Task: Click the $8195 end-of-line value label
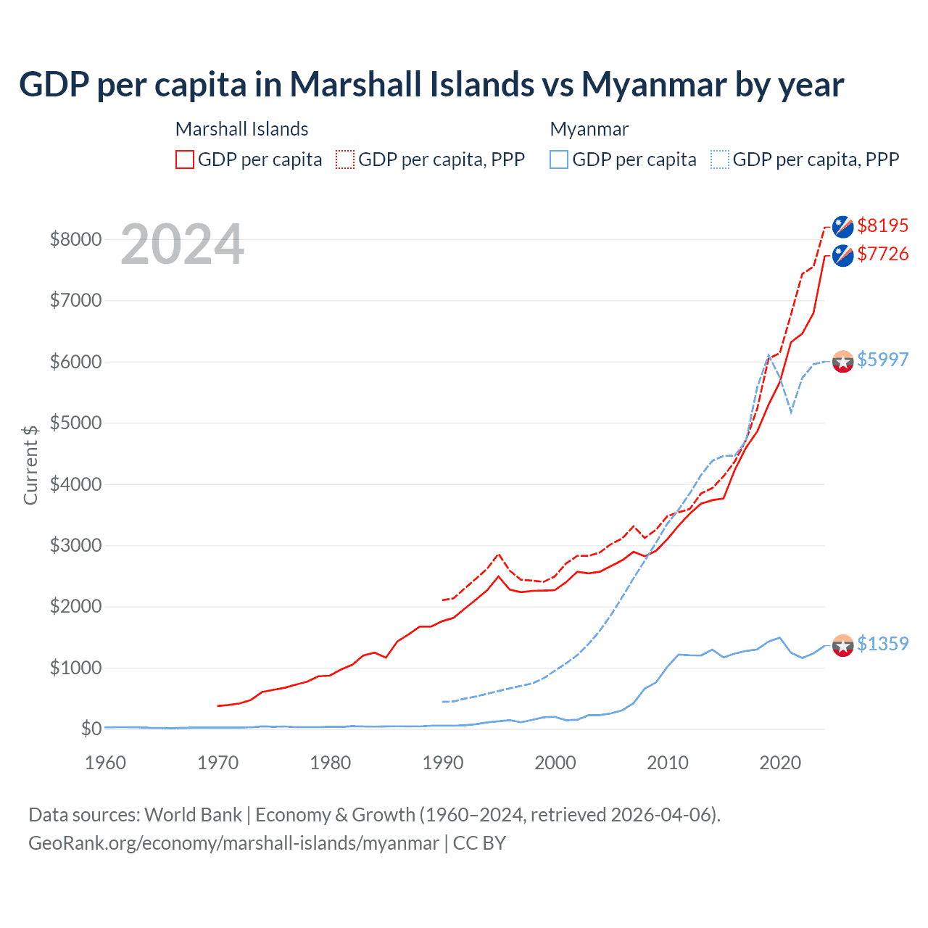(882, 225)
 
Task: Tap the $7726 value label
(882, 254)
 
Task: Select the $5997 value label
(882, 360)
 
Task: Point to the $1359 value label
(882, 644)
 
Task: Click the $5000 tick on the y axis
(75, 423)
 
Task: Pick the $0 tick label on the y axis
(91, 729)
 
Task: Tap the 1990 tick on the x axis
(443, 763)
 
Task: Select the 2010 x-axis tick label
(668, 763)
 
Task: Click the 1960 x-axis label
(106, 763)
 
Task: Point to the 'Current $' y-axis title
(30, 465)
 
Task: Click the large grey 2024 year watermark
(182, 245)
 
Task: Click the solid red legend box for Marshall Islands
(185, 159)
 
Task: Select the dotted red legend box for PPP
(345, 159)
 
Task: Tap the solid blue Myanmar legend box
(559, 159)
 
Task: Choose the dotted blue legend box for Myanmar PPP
(720, 159)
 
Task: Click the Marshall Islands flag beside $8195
(842, 226)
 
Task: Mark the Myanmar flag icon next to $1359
(842, 645)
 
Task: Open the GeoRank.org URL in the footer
(233, 843)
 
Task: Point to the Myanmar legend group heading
(589, 129)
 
